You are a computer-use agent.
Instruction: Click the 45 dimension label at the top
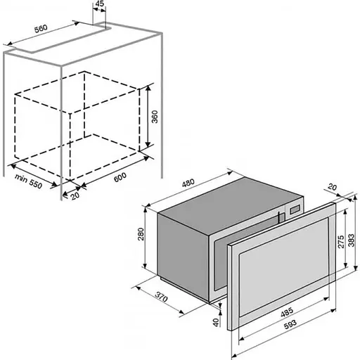tap(100, 4)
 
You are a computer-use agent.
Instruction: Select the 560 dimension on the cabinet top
tap(41, 28)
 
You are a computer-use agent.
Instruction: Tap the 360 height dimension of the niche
tap(155, 117)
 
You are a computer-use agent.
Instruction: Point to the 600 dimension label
tap(120, 177)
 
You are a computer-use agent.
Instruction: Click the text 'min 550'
tap(29, 181)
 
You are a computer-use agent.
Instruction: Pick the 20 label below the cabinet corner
tap(75, 195)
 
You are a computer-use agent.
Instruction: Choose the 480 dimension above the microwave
tap(188, 183)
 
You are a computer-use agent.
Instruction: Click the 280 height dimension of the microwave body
tap(141, 234)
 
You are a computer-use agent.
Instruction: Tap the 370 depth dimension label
tap(162, 297)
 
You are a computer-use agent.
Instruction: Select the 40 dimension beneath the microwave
tap(216, 322)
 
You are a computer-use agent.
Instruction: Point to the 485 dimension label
tap(287, 312)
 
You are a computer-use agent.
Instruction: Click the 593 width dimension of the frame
tap(290, 325)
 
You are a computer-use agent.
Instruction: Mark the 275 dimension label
tap(341, 242)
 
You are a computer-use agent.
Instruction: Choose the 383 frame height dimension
tap(351, 240)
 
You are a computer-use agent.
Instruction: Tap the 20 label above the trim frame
tap(333, 187)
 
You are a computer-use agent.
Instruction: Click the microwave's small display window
tap(295, 210)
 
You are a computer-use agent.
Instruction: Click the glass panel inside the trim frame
tap(283, 266)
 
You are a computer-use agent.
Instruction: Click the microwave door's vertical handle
tap(279, 217)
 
